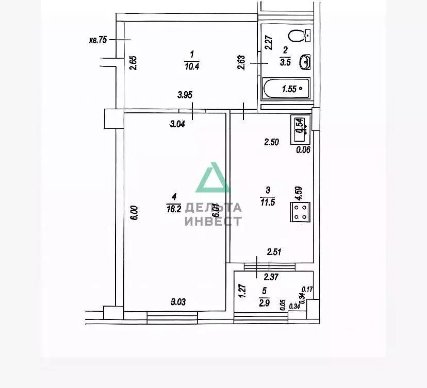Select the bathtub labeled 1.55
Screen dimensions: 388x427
(x=287, y=89)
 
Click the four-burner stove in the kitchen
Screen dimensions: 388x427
(x=301, y=212)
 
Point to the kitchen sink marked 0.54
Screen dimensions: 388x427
(x=301, y=125)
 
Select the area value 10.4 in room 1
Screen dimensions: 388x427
(x=192, y=65)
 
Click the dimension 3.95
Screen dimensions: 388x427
(x=186, y=94)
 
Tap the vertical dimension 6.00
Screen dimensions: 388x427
(x=133, y=214)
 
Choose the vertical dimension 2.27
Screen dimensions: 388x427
(x=268, y=42)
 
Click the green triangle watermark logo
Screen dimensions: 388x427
(x=213, y=178)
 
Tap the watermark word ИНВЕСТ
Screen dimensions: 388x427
(x=212, y=221)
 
